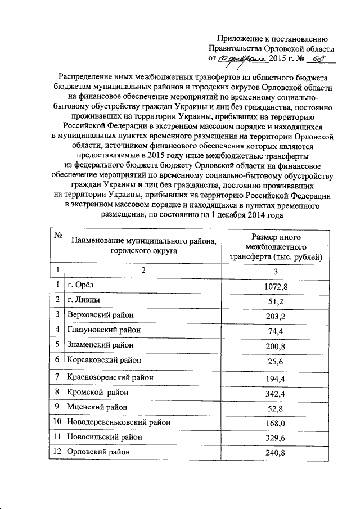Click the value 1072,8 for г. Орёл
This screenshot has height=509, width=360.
(276, 287)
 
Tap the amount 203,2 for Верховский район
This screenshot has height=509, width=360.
(276, 316)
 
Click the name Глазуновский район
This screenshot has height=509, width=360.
(103, 330)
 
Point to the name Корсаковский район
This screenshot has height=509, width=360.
(103, 359)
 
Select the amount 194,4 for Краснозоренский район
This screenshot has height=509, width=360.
(276, 377)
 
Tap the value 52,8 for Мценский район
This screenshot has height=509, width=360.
(276, 407)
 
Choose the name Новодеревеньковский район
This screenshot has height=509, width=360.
(119, 421)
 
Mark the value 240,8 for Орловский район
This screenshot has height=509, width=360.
(276, 451)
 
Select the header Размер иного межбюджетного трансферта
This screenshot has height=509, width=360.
(276, 247)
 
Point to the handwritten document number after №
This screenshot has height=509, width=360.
(318, 58)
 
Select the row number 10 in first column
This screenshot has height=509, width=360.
(57, 421)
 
